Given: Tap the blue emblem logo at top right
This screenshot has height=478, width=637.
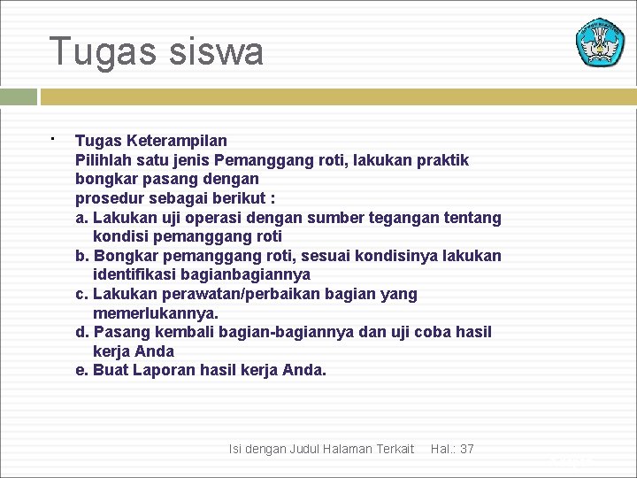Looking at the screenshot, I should click(601, 42).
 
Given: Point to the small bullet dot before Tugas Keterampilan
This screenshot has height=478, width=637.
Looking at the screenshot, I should click(52, 139).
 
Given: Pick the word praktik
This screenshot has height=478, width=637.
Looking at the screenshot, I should click(439, 160).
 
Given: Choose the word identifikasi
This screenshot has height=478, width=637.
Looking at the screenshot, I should click(134, 275).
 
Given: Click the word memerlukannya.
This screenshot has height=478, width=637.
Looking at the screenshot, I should click(155, 313).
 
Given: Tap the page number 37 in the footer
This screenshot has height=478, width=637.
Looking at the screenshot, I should click(466, 450).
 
